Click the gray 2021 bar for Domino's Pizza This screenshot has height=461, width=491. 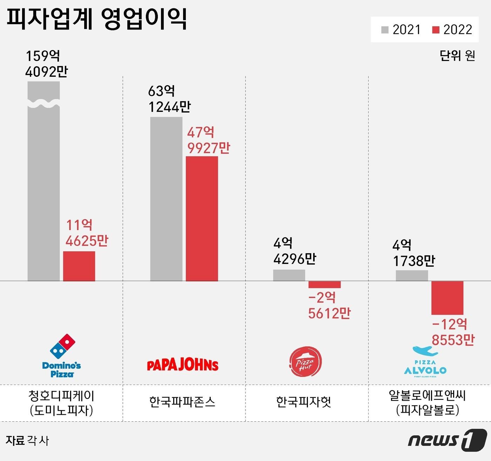[43, 189]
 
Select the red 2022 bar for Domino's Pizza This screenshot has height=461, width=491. [79, 266]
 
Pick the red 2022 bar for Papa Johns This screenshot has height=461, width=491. [202, 219]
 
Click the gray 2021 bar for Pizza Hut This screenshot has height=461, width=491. [289, 275]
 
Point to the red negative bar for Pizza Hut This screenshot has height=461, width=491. [324, 285]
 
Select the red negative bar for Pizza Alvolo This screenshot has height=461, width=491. [447, 298]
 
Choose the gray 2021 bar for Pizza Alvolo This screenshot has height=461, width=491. [412, 276]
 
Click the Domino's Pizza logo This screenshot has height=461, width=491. [62, 355]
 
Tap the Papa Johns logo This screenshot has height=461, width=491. [182, 365]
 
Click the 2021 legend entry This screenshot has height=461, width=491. [401, 30]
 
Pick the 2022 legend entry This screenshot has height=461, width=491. [452, 30]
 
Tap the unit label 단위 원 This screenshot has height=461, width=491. [457, 55]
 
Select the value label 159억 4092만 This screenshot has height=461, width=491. [46, 63]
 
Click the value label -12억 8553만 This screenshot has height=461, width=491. [452, 332]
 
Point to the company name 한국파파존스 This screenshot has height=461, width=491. [182, 402]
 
